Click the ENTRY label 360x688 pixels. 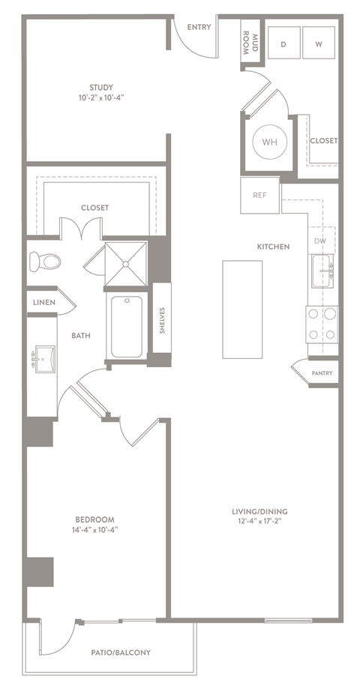199,28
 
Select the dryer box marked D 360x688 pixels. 284,44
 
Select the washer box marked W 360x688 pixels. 319,44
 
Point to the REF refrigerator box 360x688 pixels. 259,195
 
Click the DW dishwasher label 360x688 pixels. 320,241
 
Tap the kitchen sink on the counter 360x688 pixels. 323,270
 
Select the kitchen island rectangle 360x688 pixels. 242,310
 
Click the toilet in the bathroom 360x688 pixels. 45,261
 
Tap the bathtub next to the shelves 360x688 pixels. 127,328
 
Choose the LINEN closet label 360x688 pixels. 43,303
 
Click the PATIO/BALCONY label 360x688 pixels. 120,652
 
